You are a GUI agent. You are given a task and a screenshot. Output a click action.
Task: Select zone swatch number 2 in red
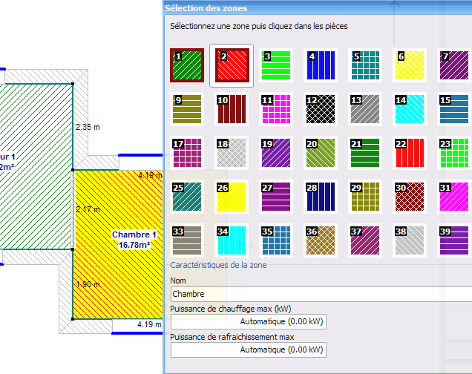(232, 65)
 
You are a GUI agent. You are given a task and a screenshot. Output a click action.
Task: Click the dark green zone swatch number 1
(187, 65)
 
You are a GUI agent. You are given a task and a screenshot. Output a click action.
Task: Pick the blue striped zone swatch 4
(321, 65)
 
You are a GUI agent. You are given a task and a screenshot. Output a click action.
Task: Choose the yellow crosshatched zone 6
(410, 65)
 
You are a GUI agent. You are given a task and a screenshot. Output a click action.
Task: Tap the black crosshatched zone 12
(321, 109)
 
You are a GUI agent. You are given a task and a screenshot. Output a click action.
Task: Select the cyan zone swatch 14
(410, 109)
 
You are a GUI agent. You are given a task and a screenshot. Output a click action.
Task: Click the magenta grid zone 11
(276, 109)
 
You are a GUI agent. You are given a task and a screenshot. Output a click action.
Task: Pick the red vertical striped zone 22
(410, 153)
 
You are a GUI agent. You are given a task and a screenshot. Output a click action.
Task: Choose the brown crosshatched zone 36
(321, 240)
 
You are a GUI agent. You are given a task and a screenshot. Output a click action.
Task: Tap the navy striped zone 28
(321, 197)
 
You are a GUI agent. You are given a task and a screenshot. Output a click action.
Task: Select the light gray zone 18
(232, 153)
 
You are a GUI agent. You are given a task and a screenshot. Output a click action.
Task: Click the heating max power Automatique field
(249, 321)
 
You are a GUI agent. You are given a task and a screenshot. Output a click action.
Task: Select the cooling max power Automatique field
(249, 350)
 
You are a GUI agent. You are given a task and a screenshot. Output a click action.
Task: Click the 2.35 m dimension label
(88, 128)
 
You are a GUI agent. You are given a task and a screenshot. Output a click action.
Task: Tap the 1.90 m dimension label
(88, 284)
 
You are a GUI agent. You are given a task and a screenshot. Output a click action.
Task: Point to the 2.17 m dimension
(88, 209)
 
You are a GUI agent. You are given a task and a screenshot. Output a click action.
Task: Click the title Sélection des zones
(206, 8)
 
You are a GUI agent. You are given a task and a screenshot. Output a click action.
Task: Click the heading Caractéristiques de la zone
(218, 265)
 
